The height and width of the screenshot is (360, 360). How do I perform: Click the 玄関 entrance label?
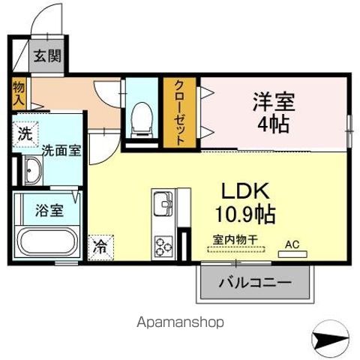[47, 57]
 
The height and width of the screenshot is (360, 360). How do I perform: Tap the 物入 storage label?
[19, 93]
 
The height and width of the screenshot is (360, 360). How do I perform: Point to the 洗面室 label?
[61, 150]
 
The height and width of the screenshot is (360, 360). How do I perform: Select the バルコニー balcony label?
[255, 283]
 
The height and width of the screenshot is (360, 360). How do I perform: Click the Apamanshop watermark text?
[179, 322]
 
